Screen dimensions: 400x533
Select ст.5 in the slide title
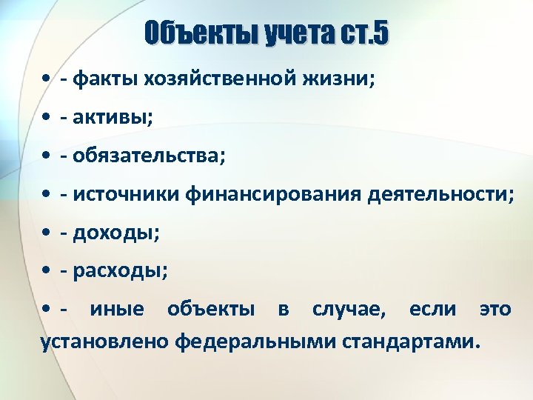click(x=362, y=34)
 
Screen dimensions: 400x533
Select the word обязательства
click(x=147, y=156)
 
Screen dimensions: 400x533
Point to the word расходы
click(x=118, y=272)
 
